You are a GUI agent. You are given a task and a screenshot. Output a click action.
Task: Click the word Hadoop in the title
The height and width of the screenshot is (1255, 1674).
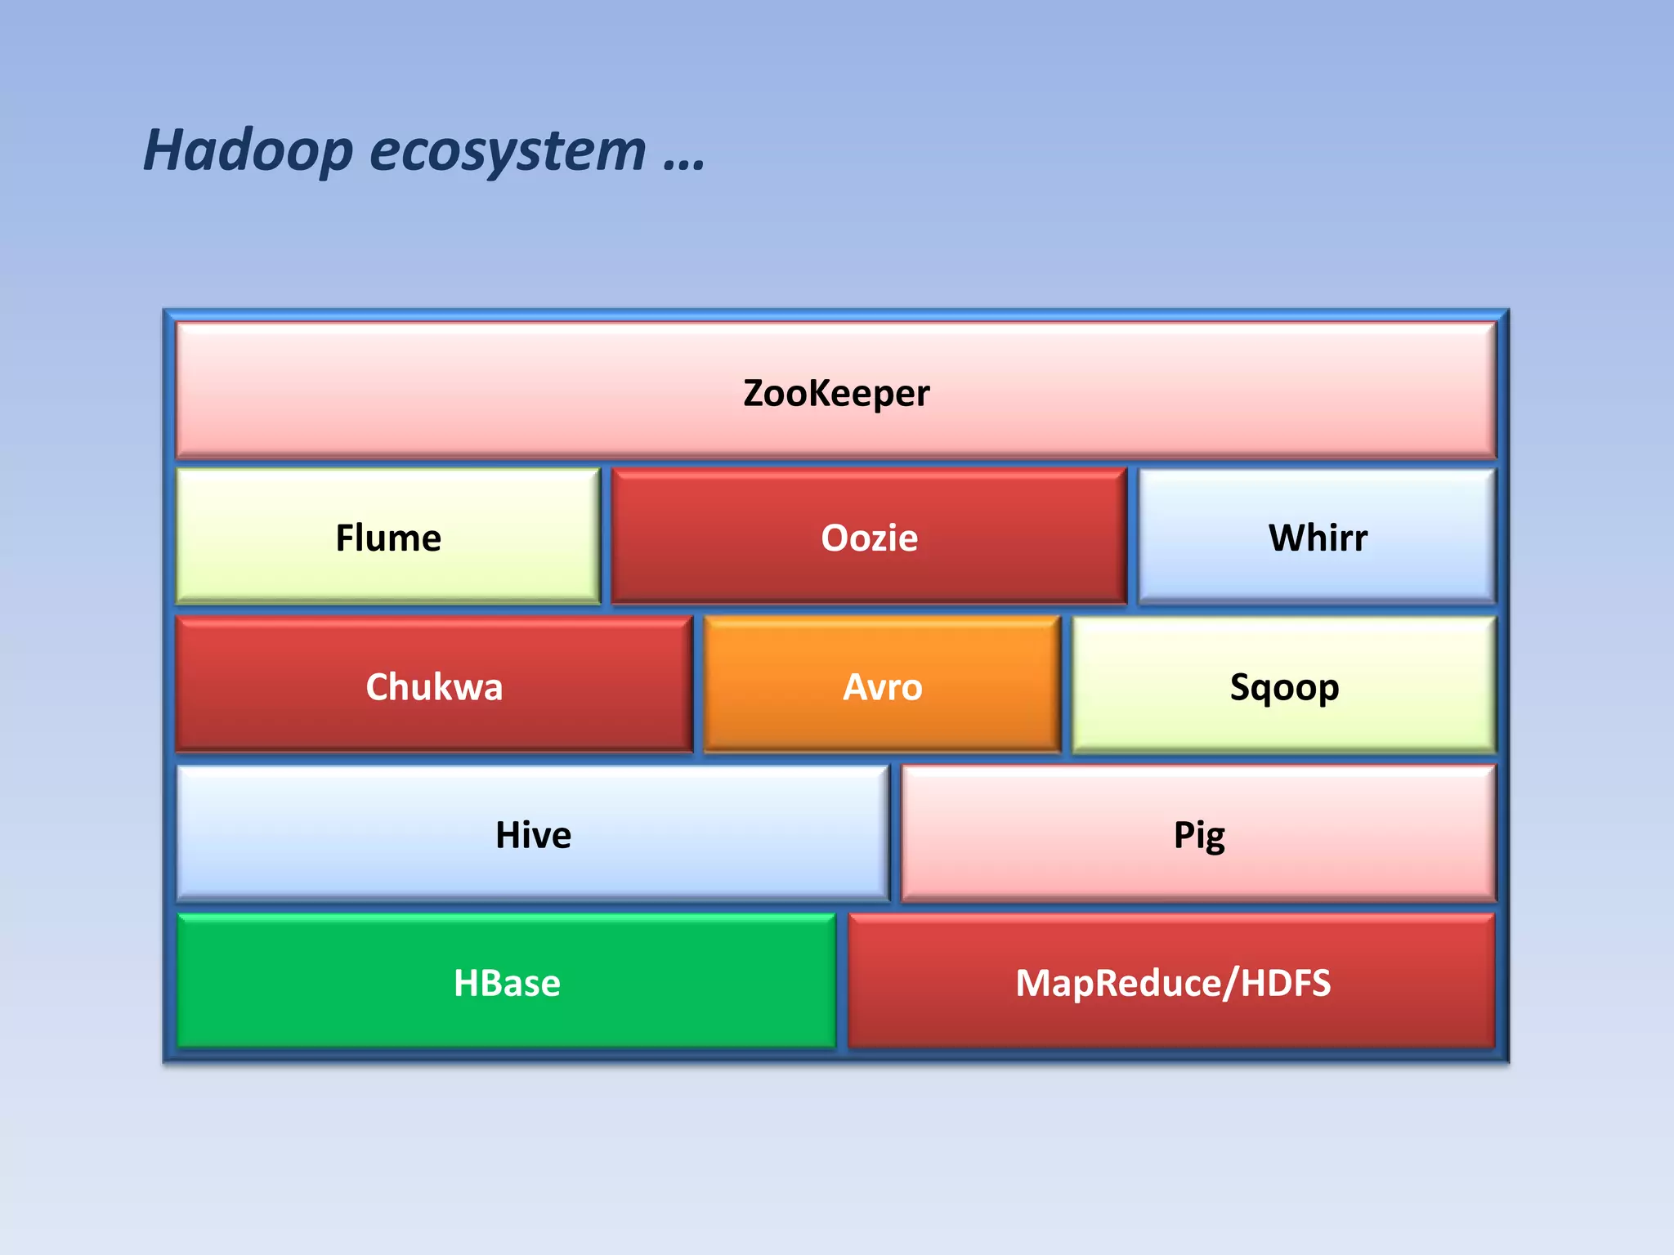248,151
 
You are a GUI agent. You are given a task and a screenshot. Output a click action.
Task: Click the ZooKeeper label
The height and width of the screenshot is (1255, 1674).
835,393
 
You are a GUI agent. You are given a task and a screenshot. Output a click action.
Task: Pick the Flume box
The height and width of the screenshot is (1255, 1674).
388,537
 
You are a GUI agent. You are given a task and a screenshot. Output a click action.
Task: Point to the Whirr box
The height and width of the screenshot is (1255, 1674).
1317,537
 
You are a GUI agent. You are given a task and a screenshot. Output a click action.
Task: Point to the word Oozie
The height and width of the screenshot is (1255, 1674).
869,538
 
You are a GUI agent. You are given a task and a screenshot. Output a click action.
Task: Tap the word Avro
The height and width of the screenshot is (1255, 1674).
882,687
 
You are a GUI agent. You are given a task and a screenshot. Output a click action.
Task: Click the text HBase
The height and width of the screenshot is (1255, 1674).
507,983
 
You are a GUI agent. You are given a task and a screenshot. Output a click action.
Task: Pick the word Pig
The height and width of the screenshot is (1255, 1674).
1199,836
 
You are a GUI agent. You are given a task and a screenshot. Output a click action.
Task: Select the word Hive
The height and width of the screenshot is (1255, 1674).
533,835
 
